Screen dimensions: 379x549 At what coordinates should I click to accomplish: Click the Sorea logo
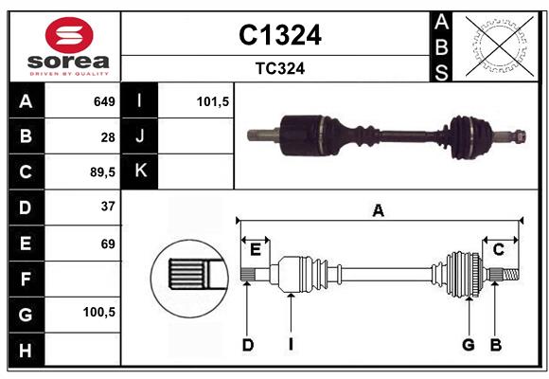tap(63, 46)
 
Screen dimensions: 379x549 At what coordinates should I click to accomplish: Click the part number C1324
tap(279, 35)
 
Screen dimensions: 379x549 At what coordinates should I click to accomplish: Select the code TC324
tap(279, 68)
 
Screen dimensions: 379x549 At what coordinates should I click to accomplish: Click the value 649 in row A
tap(104, 101)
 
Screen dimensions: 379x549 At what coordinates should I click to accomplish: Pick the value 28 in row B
tap(108, 136)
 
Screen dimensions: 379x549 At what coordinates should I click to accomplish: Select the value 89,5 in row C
tap(102, 171)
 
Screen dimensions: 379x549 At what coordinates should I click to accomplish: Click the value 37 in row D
tap(108, 206)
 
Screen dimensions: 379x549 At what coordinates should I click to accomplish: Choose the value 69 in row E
tap(108, 244)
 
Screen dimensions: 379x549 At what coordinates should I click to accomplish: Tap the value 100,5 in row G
tap(100, 311)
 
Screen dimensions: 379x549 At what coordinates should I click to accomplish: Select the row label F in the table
tap(26, 279)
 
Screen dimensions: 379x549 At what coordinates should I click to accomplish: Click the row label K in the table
tap(140, 171)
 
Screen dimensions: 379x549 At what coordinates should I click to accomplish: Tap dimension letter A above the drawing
tap(379, 210)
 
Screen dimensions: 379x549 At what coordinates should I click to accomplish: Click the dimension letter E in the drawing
tap(255, 249)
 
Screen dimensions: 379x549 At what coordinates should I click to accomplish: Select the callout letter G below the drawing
tap(468, 345)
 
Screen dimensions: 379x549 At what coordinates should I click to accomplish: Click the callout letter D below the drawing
tap(247, 345)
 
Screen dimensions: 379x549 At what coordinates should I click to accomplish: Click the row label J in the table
tap(140, 136)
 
